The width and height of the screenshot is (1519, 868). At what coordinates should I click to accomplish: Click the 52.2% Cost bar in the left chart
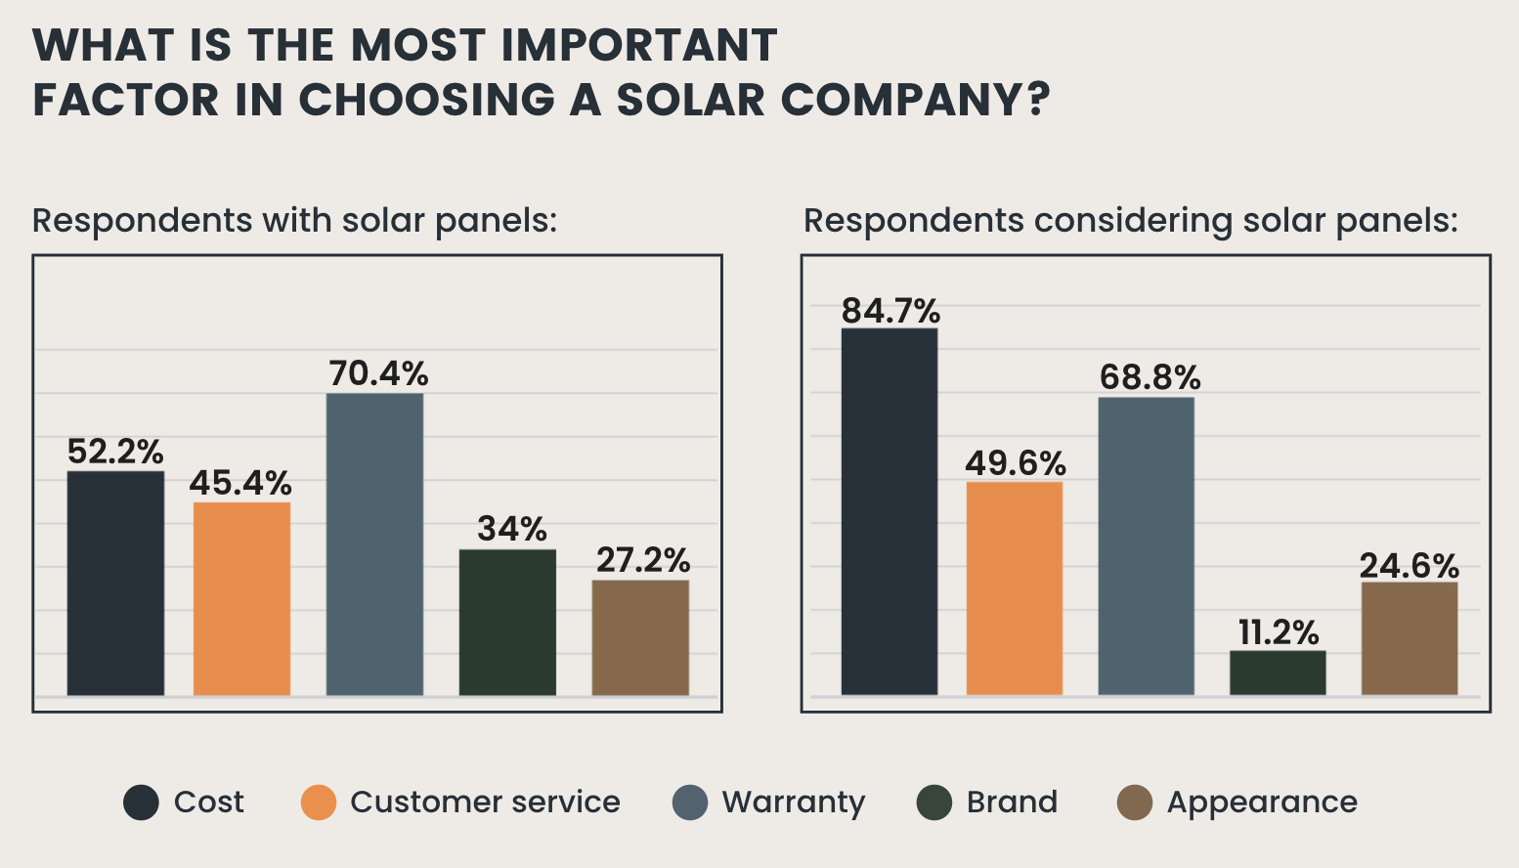(115, 584)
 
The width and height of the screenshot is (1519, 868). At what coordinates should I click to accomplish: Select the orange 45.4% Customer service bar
(241, 598)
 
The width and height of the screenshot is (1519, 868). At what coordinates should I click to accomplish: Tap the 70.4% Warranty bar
(374, 544)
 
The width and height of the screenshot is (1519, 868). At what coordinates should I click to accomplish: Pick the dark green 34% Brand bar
(507, 623)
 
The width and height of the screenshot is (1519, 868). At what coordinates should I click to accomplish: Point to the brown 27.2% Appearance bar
(640, 637)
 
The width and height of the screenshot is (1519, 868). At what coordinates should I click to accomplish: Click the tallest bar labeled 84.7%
(889, 511)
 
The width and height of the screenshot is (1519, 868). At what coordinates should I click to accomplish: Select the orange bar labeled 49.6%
(1014, 588)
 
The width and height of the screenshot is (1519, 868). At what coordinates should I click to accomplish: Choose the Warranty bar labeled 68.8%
(1146, 545)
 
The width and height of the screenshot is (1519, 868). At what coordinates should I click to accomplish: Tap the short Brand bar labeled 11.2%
(1278, 673)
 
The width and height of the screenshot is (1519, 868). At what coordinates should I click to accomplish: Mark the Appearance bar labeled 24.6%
(1409, 638)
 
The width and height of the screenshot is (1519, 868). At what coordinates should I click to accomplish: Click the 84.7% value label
(890, 311)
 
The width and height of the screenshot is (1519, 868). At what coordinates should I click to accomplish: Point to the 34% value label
(511, 529)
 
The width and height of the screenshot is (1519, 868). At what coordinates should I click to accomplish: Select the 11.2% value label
(1279, 632)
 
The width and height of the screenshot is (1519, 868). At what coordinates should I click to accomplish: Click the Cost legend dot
(141, 803)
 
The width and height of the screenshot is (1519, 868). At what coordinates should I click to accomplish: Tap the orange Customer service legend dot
(319, 803)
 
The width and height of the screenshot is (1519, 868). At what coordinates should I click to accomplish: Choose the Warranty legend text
(793, 803)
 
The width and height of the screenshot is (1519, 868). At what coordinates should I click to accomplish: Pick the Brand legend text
(1012, 803)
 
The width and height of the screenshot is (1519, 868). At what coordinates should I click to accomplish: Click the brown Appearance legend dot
(1134, 803)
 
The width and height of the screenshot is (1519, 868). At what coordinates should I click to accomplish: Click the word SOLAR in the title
(690, 100)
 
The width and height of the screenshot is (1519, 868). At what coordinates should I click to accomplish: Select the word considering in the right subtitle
(1133, 221)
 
